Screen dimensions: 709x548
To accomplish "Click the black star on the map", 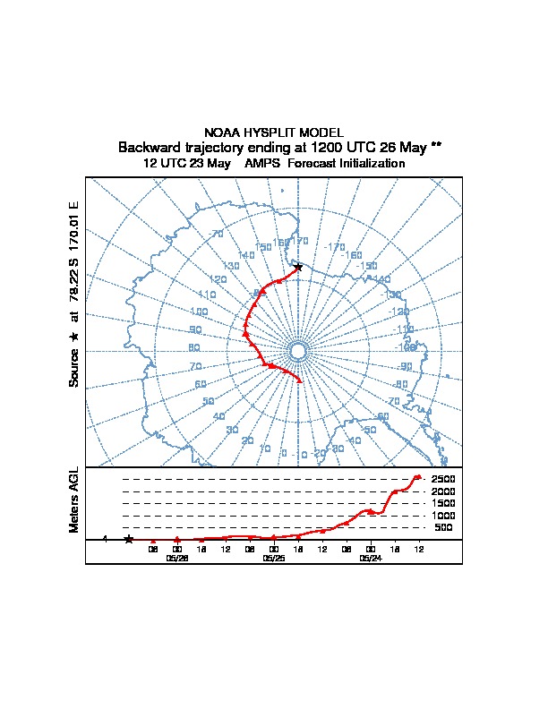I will [298, 267].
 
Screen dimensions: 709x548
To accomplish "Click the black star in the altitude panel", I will [129, 539].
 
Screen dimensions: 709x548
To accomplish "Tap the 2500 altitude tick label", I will [444, 479].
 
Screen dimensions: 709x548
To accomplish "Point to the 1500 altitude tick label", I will [444, 503].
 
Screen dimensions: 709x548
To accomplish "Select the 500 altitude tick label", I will [444, 527].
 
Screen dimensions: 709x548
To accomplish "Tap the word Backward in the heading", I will [148, 147].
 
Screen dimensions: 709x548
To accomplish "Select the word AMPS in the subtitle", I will [263, 164].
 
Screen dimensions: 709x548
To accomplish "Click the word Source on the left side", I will [74, 367].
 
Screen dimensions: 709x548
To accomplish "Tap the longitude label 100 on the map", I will [199, 312].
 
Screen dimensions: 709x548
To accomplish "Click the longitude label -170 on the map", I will [335, 247].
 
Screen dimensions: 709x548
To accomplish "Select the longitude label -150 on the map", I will [367, 266].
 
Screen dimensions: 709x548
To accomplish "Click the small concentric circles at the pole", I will [298, 350].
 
